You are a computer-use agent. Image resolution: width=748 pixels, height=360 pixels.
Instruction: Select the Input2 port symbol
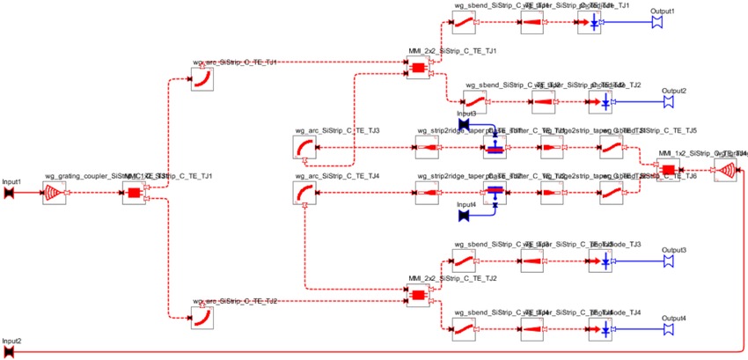click(8, 351)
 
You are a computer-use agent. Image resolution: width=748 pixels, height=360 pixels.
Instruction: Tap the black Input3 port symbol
click(464, 125)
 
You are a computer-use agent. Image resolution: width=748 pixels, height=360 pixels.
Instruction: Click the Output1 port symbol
click(656, 23)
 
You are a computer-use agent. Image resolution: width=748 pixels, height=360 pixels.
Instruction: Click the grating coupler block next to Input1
click(55, 193)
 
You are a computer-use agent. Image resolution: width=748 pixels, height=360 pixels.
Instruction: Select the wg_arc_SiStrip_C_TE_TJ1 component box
click(203, 80)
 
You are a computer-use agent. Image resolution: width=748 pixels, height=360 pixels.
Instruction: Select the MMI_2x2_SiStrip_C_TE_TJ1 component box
click(417, 69)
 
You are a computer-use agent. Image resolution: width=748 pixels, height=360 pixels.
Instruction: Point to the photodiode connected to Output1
click(594, 24)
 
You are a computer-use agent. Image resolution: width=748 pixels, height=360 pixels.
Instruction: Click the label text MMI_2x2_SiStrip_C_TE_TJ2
click(452, 279)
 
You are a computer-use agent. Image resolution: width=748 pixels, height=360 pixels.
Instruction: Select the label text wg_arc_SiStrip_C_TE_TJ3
click(337, 131)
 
